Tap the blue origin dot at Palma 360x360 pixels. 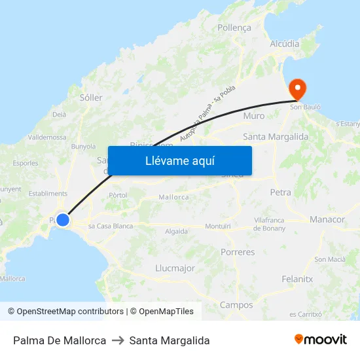[x=63, y=220]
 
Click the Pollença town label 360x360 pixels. [x=234, y=29]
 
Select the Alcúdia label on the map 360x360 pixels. [x=285, y=44]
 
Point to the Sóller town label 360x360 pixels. [x=91, y=98]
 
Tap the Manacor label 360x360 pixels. [x=327, y=219]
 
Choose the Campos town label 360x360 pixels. [x=236, y=305]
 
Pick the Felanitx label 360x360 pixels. [x=297, y=279]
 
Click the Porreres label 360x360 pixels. [x=238, y=252]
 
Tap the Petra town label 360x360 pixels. [x=280, y=192]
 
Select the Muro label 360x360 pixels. [x=254, y=116]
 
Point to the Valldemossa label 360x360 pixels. [x=47, y=137]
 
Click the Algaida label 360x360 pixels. [x=177, y=231]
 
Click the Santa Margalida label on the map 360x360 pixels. [x=276, y=137]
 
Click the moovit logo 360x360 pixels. [x=321, y=340]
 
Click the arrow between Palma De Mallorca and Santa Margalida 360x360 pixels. [x=118, y=340]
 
